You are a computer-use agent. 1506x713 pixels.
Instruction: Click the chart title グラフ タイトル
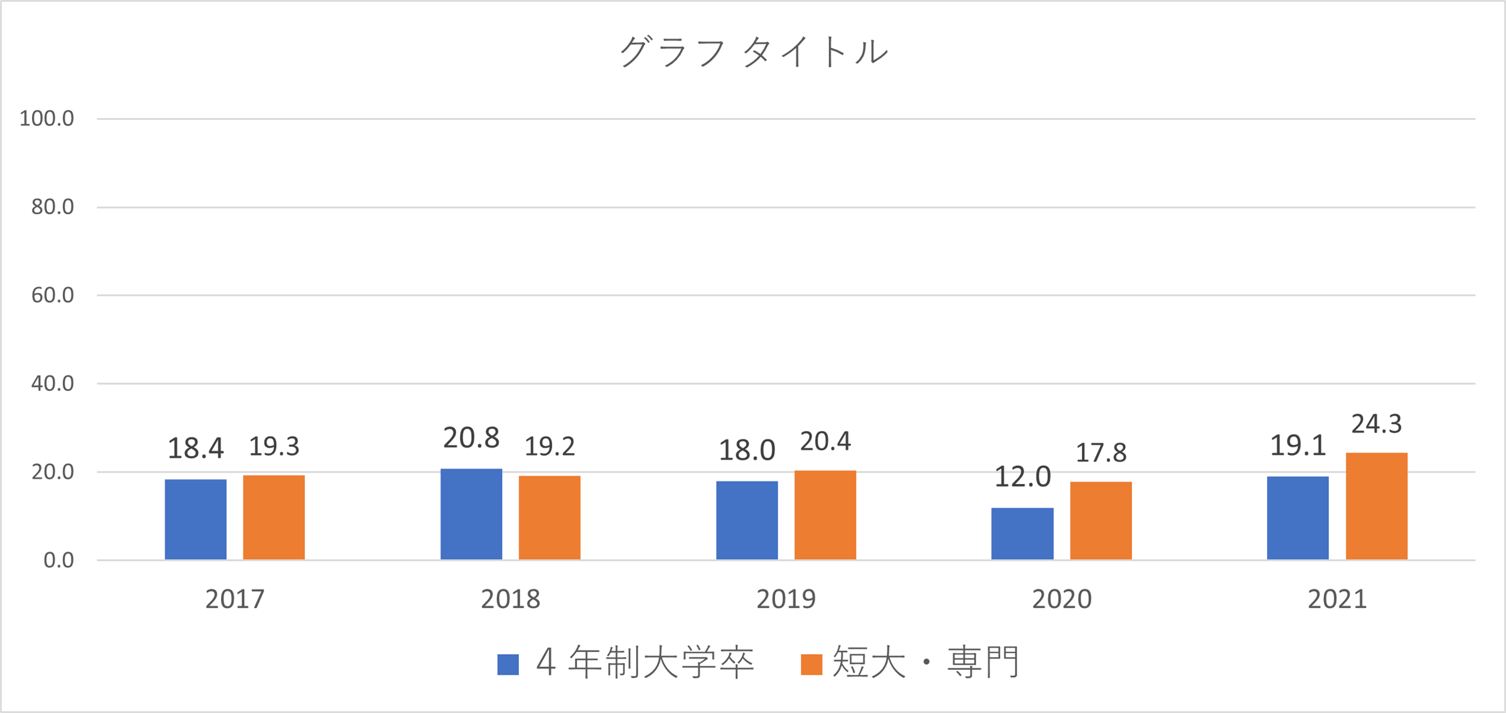[753, 51]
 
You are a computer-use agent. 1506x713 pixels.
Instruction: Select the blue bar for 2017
[196, 519]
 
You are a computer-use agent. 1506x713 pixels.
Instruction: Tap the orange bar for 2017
[274, 517]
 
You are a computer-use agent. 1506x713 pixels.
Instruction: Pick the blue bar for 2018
[471, 514]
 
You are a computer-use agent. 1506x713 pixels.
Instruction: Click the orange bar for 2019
[825, 515]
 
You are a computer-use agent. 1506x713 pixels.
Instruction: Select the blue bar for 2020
[1022, 533]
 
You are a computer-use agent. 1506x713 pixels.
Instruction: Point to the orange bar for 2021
[1377, 506]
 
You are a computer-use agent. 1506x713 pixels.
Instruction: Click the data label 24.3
[1377, 424]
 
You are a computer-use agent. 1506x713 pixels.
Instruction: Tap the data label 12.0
[1023, 477]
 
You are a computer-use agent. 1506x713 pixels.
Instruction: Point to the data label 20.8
[471, 438]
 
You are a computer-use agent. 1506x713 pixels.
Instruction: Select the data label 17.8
[1101, 453]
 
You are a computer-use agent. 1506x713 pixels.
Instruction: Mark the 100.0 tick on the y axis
[46, 119]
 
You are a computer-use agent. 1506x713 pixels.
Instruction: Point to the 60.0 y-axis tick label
[53, 296]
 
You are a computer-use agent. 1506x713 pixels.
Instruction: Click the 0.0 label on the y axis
[58, 560]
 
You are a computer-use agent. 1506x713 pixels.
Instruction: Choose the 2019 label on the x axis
[786, 599]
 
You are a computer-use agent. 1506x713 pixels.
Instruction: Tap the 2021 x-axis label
[1337, 599]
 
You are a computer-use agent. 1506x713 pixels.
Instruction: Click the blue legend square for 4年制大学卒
[508, 665]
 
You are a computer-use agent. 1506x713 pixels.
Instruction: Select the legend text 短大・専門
[926, 663]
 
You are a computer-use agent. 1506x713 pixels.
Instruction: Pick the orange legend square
[812, 665]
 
